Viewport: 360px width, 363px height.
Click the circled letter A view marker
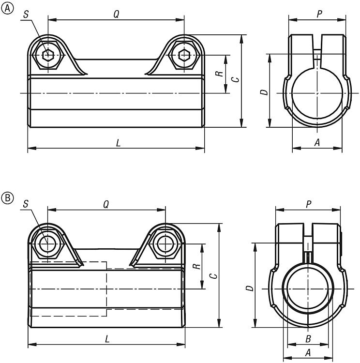[x=7, y=7]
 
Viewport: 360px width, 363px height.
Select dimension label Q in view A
[x=116, y=14]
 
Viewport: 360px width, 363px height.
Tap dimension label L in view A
[x=118, y=143]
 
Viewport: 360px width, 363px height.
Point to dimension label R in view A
[x=219, y=74]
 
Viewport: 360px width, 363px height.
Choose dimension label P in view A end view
[x=319, y=14]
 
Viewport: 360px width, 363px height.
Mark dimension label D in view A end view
[x=263, y=91]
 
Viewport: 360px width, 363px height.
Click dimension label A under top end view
[x=317, y=142]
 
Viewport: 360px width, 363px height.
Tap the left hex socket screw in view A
[x=47, y=55]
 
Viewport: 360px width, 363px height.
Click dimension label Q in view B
[x=106, y=204]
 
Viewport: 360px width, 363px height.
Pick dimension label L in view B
[x=107, y=338]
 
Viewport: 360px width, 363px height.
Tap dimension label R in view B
[x=195, y=266]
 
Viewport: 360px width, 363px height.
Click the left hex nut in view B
[x=47, y=244]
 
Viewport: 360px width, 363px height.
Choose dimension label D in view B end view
[x=249, y=288]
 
